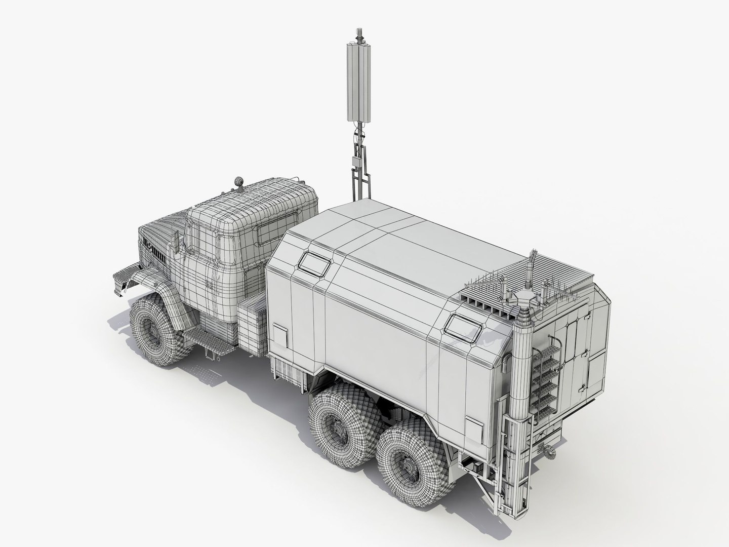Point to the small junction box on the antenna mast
tap(357, 162)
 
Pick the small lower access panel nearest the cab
tap(279, 335)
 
